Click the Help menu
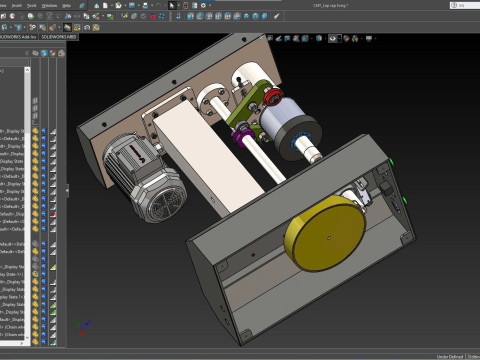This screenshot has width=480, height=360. [x=66, y=5]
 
